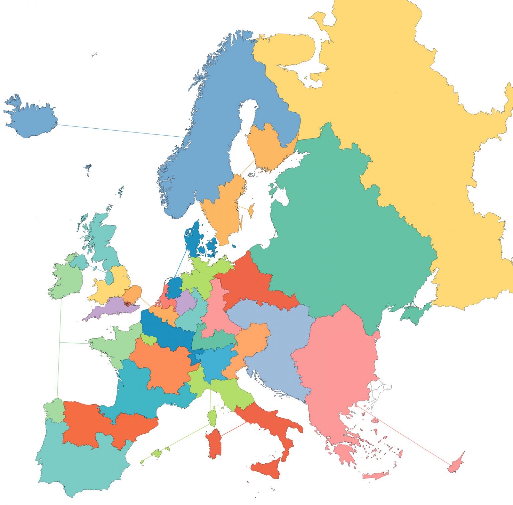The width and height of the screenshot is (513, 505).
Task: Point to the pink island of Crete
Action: [376, 475]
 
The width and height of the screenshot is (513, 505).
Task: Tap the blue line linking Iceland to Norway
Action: [120, 131]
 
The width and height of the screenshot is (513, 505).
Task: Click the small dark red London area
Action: [127, 304]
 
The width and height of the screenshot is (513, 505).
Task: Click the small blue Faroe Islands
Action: [88, 167]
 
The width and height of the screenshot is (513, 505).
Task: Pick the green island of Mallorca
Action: [156, 453]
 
